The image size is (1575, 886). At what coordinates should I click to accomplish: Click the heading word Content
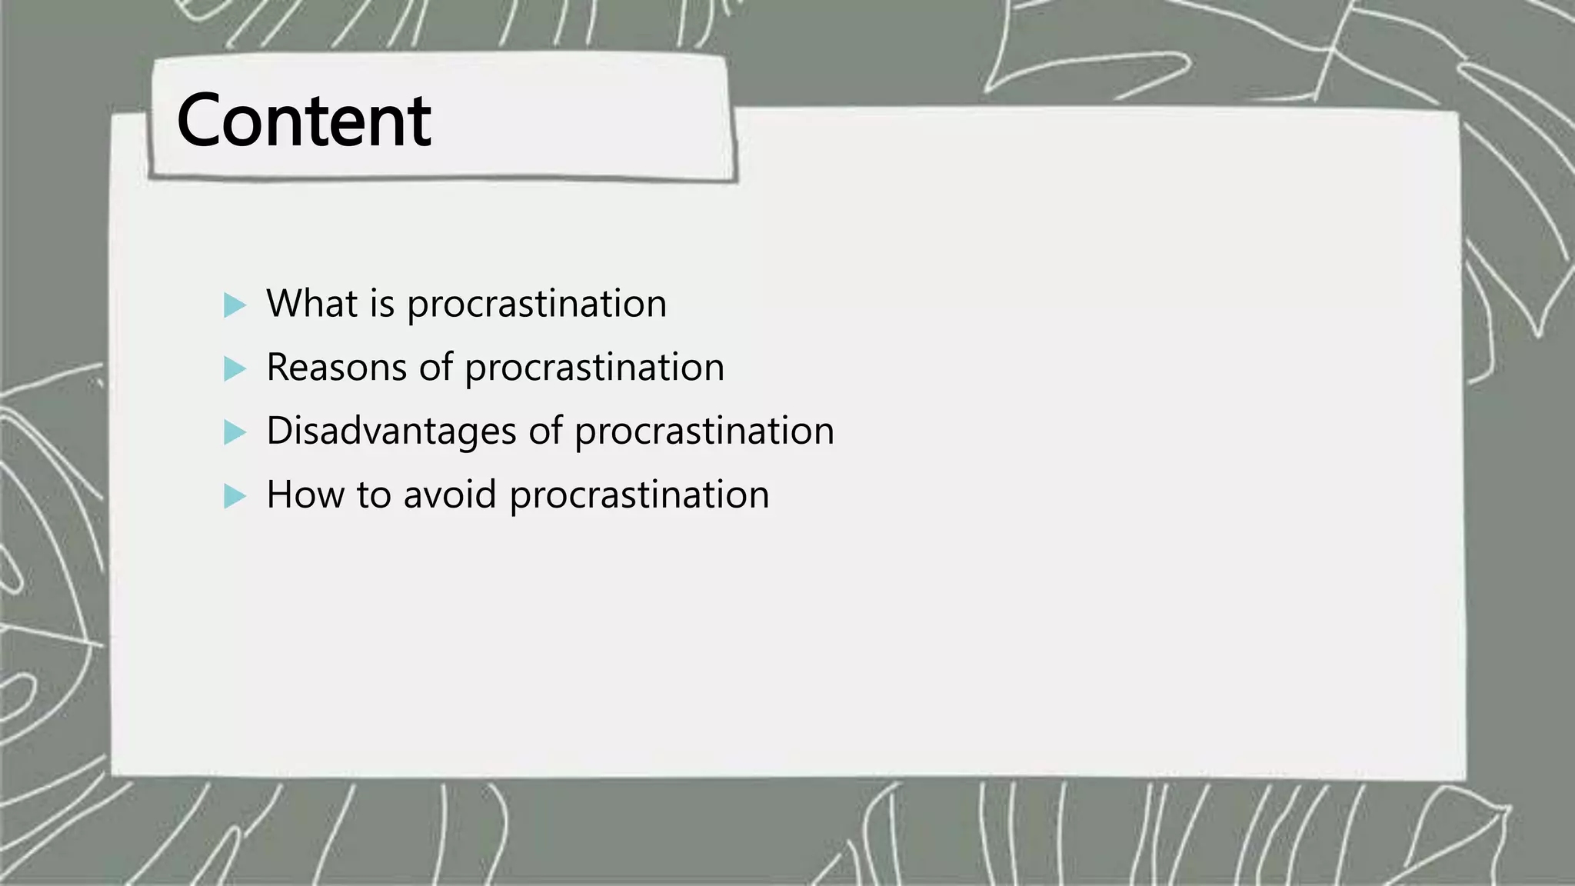point(304,121)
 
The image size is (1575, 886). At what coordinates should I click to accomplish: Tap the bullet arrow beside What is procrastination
point(234,305)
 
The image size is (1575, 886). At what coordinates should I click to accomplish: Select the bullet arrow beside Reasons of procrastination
point(234,369)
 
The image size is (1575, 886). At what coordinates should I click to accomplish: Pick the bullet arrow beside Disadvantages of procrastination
point(234,432)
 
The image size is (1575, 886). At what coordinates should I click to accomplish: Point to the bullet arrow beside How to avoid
point(234,496)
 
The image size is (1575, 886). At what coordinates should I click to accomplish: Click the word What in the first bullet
point(312,304)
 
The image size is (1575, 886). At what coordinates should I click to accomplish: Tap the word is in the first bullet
point(382,304)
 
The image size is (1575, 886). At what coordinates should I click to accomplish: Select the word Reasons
point(337,368)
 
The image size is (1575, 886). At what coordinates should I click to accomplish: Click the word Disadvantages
point(391,431)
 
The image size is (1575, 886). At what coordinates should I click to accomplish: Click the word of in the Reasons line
point(436,368)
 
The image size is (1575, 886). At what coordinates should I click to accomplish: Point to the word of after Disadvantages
point(545,431)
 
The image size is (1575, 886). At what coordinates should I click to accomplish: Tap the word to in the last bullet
point(374,495)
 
